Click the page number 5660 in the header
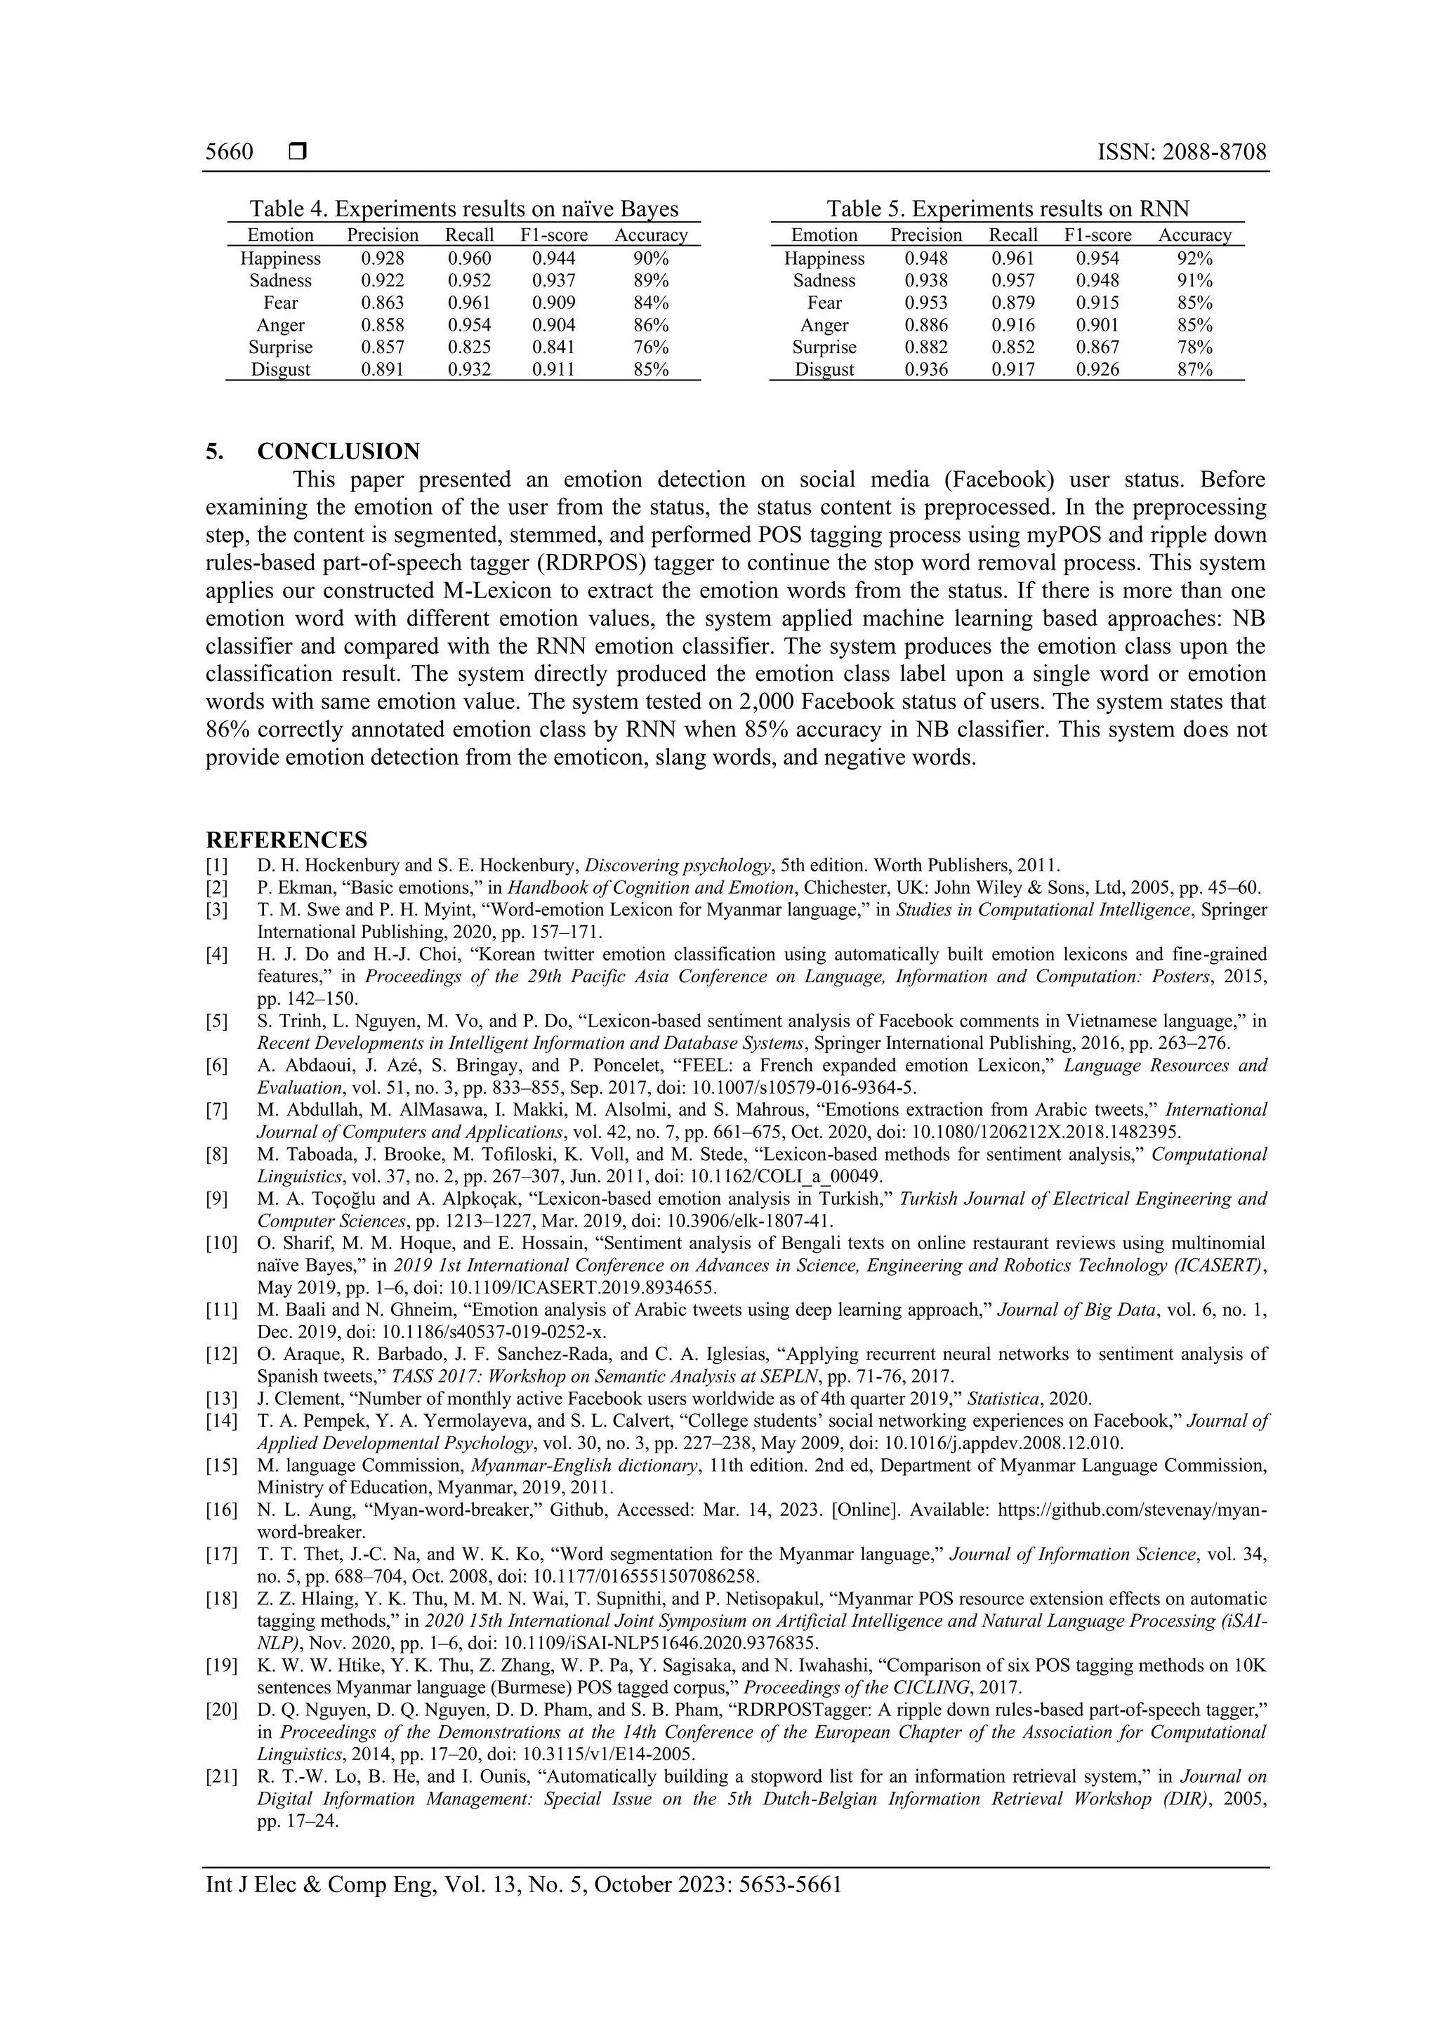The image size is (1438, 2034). click(x=229, y=152)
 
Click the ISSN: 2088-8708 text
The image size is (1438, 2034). click(x=1181, y=152)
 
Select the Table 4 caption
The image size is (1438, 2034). click(x=463, y=209)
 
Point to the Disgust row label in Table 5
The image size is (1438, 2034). click(x=824, y=369)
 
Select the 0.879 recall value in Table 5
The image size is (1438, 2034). click(x=1012, y=303)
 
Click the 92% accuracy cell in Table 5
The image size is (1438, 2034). click(x=1194, y=258)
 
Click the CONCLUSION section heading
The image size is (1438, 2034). click(x=338, y=451)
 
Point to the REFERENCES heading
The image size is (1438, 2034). click(x=286, y=840)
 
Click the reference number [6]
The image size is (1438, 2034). click(x=216, y=1066)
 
